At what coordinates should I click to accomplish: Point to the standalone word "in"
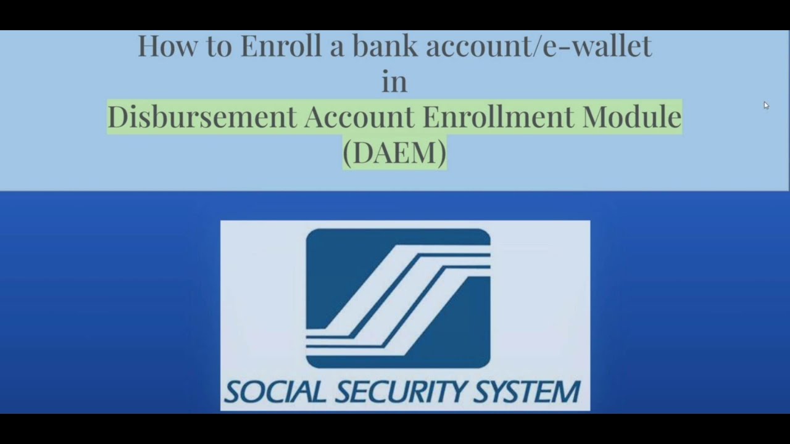pos(394,82)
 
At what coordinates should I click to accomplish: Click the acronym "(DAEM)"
pos(394,152)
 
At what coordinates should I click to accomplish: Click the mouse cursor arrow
pos(766,105)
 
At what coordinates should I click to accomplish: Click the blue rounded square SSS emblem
pos(398,298)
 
